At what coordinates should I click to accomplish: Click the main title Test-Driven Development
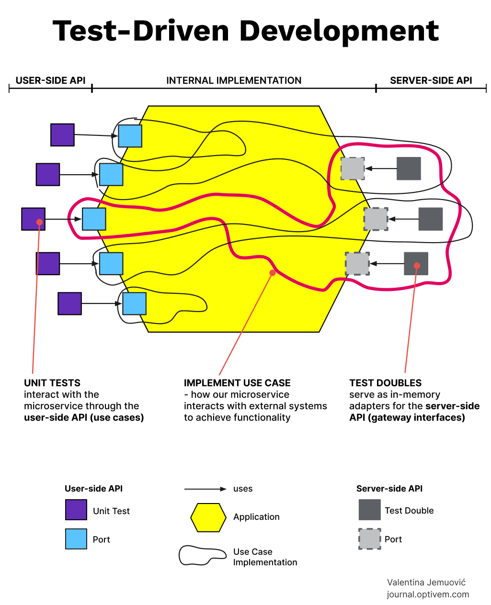pyautogui.click(x=245, y=31)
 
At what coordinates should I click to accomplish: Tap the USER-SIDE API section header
pyautogui.click(x=50, y=80)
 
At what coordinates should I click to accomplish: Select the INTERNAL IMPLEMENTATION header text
pyautogui.click(x=234, y=80)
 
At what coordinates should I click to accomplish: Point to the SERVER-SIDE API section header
pyautogui.click(x=431, y=80)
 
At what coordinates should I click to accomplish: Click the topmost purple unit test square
pyautogui.click(x=62, y=135)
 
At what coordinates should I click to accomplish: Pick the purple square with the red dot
pyautogui.click(x=33, y=219)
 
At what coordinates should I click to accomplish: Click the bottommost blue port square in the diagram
pyautogui.click(x=134, y=303)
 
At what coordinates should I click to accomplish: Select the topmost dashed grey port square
pyautogui.click(x=353, y=168)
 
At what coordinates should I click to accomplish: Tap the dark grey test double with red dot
pyautogui.click(x=416, y=264)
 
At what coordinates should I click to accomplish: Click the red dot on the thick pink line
pyautogui.click(x=272, y=273)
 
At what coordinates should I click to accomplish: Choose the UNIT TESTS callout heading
pyautogui.click(x=52, y=383)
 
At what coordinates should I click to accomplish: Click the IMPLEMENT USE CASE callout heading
pyautogui.click(x=237, y=383)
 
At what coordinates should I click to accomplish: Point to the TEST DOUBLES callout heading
pyautogui.click(x=386, y=383)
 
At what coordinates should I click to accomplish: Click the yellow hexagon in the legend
pyautogui.click(x=208, y=517)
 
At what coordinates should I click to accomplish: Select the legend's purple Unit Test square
pyautogui.click(x=76, y=510)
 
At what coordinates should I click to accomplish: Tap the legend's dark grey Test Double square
pyautogui.click(x=369, y=510)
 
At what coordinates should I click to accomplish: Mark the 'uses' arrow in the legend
pyautogui.click(x=205, y=489)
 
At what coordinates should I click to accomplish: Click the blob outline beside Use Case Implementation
pyautogui.click(x=202, y=556)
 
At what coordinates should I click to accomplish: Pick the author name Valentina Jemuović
pyautogui.click(x=426, y=583)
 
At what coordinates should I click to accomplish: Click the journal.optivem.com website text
pyautogui.click(x=428, y=594)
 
